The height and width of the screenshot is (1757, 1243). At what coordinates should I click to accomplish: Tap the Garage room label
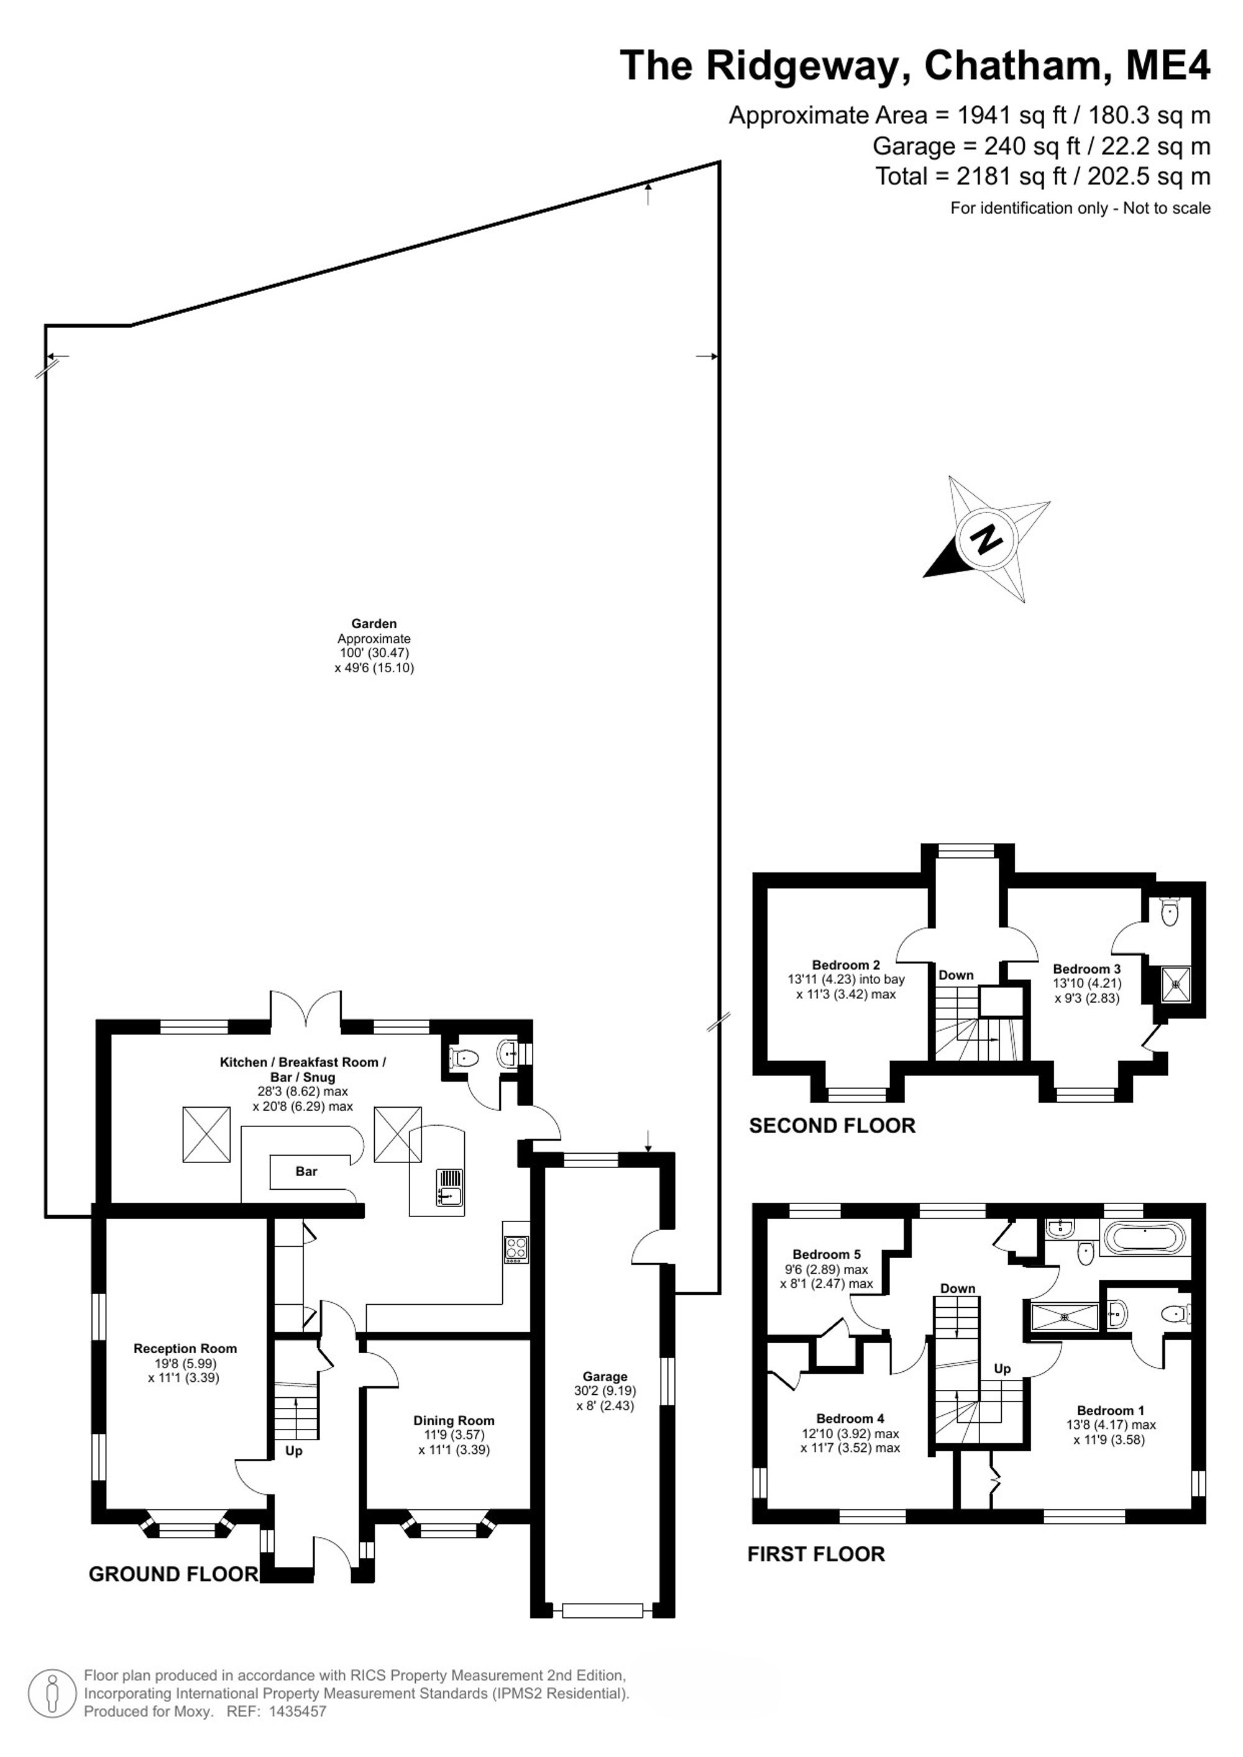605,1377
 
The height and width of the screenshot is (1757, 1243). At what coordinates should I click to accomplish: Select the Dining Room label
454,1421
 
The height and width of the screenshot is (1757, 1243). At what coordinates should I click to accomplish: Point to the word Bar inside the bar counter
306,1172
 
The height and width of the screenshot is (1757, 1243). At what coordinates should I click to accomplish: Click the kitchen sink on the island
449,1187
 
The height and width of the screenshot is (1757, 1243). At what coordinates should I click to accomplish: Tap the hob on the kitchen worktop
516,1249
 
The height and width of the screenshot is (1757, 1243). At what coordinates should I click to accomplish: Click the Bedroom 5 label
827,1254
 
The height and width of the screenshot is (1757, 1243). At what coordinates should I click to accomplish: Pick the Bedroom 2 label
846,965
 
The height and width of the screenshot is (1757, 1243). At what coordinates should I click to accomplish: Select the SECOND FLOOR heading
832,1126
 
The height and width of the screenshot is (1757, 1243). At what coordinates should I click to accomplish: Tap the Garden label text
374,624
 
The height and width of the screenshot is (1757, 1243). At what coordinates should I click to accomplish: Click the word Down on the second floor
956,975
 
